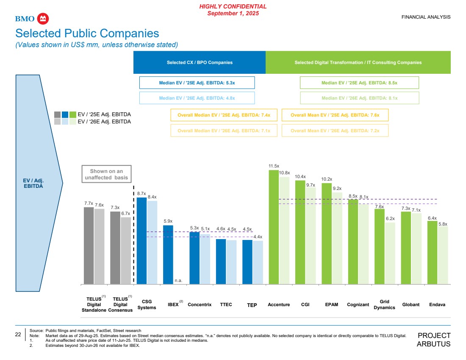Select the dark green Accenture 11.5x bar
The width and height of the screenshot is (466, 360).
(x=274, y=227)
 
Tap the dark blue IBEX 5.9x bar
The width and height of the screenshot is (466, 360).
(x=168, y=254)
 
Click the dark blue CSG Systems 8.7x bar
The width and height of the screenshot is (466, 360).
(x=141, y=240)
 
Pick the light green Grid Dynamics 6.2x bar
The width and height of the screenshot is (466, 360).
(x=390, y=253)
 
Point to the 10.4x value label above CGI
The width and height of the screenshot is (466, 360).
(x=300, y=176)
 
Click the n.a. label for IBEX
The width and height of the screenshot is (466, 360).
(x=178, y=280)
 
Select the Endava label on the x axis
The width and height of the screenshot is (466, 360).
(x=437, y=305)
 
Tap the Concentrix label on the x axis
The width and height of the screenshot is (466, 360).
(x=200, y=305)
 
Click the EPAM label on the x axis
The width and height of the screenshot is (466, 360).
(x=332, y=305)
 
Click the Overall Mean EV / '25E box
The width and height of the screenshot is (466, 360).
(x=335, y=115)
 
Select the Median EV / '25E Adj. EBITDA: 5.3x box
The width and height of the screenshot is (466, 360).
(x=197, y=83)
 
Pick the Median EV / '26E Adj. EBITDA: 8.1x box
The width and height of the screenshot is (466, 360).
(x=359, y=98)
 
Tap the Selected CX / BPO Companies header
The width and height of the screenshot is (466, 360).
(x=200, y=62)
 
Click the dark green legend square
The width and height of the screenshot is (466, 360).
(x=72, y=114)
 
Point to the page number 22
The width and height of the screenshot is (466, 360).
(x=18, y=334)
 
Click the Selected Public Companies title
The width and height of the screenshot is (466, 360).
(x=87, y=33)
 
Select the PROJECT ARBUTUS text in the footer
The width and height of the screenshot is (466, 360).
(x=433, y=340)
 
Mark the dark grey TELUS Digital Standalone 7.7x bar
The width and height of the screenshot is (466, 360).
(x=89, y=246)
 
